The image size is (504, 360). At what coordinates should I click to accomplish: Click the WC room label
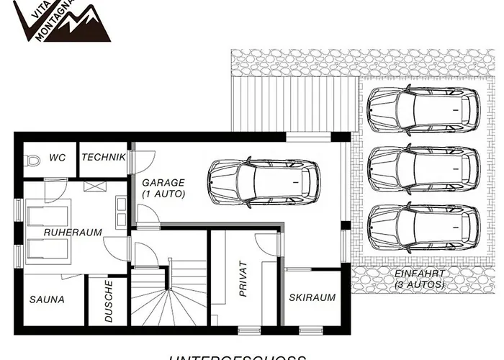58,158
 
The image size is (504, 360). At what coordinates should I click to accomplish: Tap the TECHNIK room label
104,158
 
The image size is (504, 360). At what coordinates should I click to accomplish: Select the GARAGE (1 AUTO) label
163,188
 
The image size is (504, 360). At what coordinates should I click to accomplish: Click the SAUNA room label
48,299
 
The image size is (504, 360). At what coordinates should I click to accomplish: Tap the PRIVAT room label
243,279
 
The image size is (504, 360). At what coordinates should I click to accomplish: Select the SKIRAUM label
312,297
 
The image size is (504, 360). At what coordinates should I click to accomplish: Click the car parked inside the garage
264,182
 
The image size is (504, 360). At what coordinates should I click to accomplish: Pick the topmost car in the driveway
423,108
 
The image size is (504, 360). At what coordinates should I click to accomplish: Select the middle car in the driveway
423,167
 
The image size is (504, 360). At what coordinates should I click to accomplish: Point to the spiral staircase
169,302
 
